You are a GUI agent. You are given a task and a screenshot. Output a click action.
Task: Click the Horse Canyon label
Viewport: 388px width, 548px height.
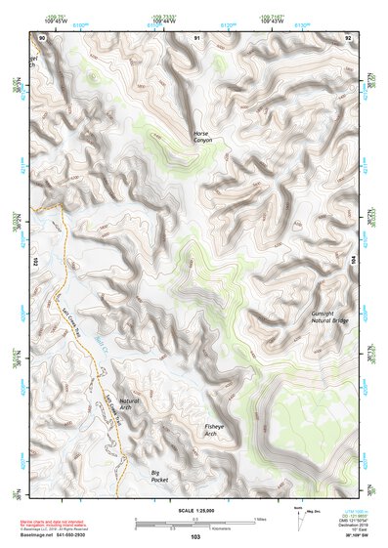(x=201, y=137)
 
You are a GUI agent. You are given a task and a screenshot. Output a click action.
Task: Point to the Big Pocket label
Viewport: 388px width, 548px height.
(x=159, y=476)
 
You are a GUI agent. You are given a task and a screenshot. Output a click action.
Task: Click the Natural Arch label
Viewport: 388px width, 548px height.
(x=129, y=401)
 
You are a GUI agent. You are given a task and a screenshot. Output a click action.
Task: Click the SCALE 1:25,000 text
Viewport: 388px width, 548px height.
(x=194, y=510)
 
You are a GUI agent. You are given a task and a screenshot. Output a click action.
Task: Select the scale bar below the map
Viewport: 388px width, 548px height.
(x=194, y=521)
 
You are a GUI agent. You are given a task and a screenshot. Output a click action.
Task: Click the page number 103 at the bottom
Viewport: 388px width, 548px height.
(x=195, y=536)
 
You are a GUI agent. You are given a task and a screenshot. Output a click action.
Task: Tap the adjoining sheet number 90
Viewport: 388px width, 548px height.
(x=42, y=37)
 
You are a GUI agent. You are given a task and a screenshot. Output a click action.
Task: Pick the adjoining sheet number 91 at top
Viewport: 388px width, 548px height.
(x=196, y=37)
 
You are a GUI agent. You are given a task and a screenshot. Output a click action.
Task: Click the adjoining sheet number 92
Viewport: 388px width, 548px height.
(x=348, y=37)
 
